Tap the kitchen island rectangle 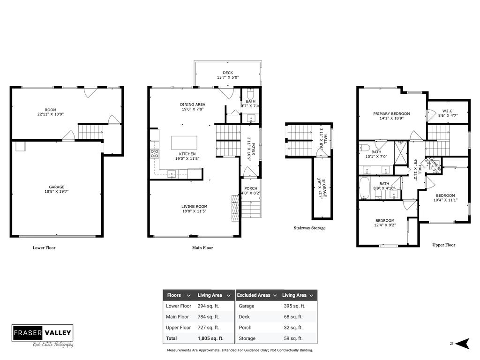click(184, 142)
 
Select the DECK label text click(228, 73)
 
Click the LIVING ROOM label click(194, 206)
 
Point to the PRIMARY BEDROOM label click(391, 113)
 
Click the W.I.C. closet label click(448, 111)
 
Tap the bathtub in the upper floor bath click(366, 188)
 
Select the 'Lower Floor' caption click(44, 247)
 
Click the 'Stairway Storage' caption click(309, 228)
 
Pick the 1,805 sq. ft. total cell click(210, 338)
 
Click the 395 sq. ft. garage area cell click(294, 306)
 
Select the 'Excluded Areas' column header click(254, 295)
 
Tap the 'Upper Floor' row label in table click(178, 328)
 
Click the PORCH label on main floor click(251, 188)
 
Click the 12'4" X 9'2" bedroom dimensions click(384, 225)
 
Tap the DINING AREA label click(193, 105)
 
